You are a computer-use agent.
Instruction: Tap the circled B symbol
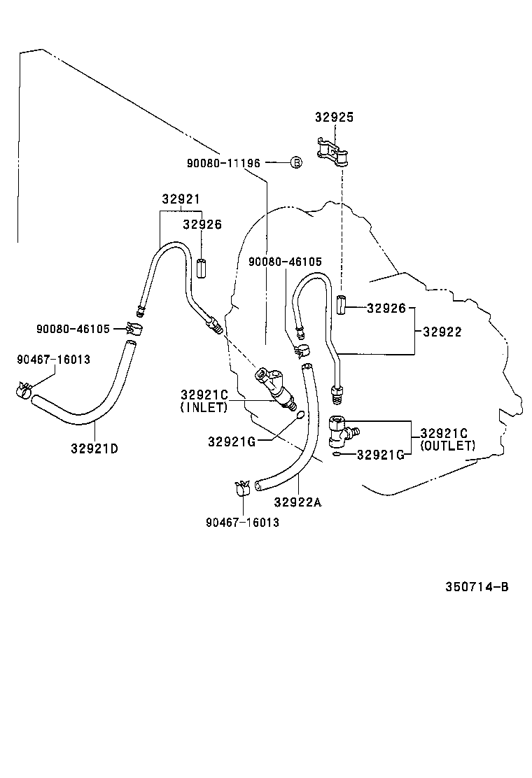tap(296, 162)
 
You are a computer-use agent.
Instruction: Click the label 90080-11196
tap(223, 162)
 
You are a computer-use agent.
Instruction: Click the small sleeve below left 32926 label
tap(202, 268)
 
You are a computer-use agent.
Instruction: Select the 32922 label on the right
tap(442, 332)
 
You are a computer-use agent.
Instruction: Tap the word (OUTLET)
tap(447, 445)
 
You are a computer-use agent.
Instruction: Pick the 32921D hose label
tap(94, 448)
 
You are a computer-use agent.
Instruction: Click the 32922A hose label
tap(297, 501)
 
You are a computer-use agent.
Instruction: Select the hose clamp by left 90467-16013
tap(25, 390)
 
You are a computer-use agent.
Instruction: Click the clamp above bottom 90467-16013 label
tap(241, 488)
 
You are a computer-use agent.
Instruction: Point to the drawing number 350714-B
tap(477, 586)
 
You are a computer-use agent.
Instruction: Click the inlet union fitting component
tap(277, 389)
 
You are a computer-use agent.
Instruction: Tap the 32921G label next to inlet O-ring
tap(231, 441)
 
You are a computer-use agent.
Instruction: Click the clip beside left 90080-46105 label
tap(134, 327)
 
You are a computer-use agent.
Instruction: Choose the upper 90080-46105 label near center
tap(285, 262)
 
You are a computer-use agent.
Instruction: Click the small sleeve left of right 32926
tap(341, 306)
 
